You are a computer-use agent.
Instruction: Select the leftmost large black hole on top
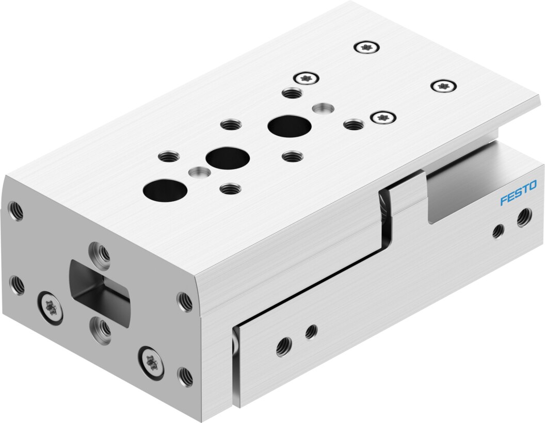tap(165, 191)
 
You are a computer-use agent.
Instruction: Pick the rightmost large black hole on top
tap(289, 126)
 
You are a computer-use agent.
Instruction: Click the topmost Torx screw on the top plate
tap(367, 47)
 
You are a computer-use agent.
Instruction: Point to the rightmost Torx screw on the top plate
tap(443, 86)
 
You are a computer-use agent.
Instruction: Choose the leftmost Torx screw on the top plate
tap(306, 78)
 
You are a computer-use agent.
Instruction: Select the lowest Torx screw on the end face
tap(151, 362)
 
